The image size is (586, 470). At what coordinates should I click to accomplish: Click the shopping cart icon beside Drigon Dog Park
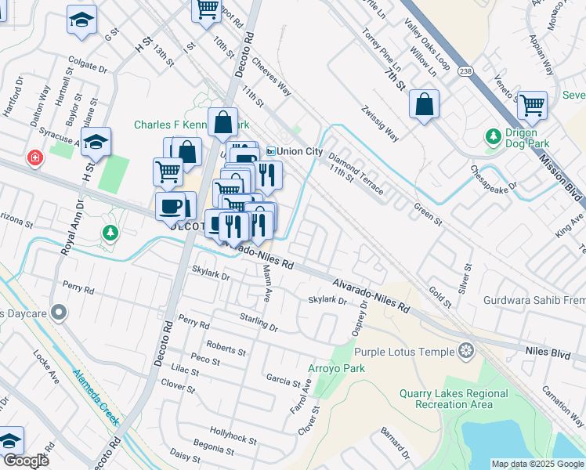[x=532, y=104]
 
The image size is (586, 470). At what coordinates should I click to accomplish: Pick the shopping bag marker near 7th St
[x=424, y=104]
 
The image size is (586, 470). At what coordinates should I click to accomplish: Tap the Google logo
[x=26, y=461]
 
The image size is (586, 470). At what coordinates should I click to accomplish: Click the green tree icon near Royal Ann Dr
[x=110, y=233]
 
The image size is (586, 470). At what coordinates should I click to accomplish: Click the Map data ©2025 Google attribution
[x=537, y=464]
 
